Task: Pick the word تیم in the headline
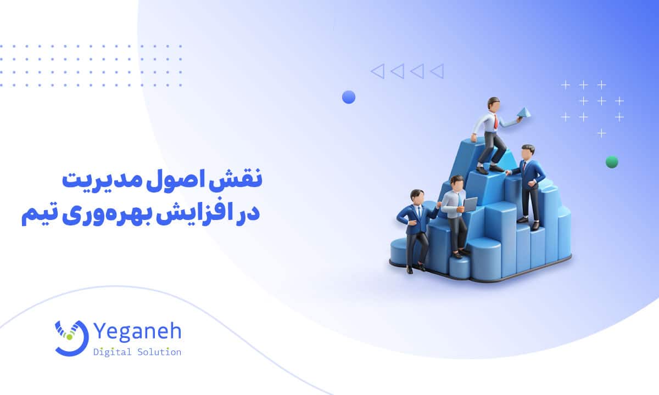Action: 40,215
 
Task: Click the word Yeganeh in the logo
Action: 137,332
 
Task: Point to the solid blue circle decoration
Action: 349,97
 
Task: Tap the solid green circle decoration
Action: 612,162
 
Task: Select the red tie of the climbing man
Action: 495,121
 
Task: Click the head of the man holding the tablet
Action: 456,183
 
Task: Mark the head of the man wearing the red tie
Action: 494,104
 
